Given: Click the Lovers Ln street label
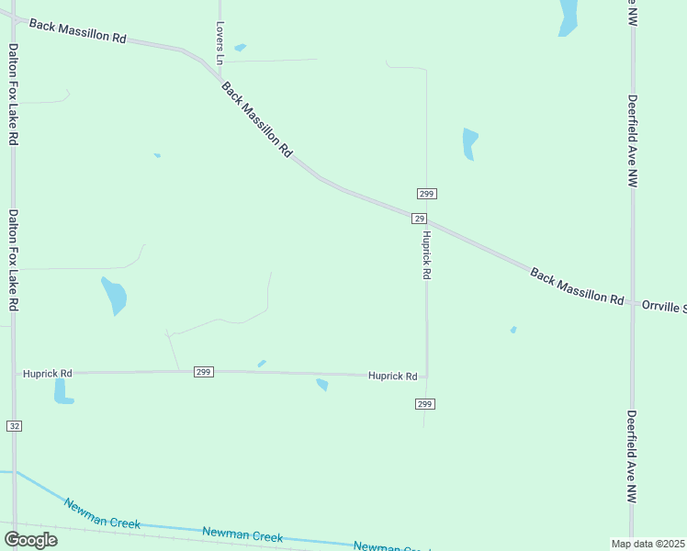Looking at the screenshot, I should coord(220,42).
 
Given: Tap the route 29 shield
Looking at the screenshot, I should coord(419,219).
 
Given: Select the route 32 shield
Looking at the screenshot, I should coord(13,426).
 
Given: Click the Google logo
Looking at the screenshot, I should coord(30,539).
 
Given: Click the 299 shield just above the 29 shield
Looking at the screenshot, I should coord(426,194).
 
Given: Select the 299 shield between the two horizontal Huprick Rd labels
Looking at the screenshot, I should coord(204,372).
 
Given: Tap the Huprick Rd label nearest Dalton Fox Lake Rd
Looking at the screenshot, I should coord(48,374).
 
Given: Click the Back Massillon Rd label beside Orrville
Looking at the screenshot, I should coord(577,286).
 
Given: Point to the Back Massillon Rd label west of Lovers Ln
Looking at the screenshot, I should coord(77,32).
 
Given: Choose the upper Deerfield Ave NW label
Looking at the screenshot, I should coord(633,141).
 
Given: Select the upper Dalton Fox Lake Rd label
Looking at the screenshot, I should coord(13,93).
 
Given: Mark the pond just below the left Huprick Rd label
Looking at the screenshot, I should coord(62,391).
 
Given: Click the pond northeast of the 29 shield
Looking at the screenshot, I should coord(469,143).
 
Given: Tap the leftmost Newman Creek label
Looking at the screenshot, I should coord(102,513).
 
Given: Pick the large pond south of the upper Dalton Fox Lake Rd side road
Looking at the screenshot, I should coord(114,295).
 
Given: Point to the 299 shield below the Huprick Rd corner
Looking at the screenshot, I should coord(424,404).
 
